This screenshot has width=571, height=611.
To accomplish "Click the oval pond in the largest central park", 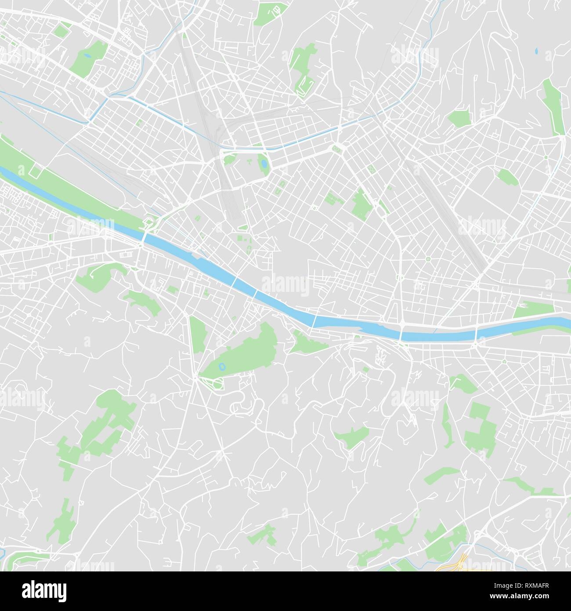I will (222, 366).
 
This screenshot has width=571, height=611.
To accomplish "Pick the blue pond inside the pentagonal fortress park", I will (263, 164).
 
